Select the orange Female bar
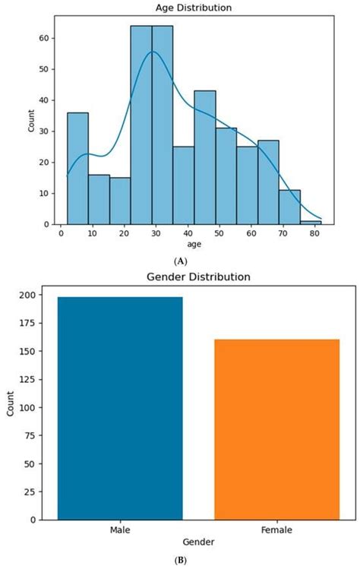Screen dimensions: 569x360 [276, 429]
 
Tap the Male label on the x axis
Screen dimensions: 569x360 [120, 530]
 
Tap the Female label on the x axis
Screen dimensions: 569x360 [276, 530]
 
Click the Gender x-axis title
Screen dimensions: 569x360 [198, 542]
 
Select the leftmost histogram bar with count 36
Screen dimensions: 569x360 [77, 169]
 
